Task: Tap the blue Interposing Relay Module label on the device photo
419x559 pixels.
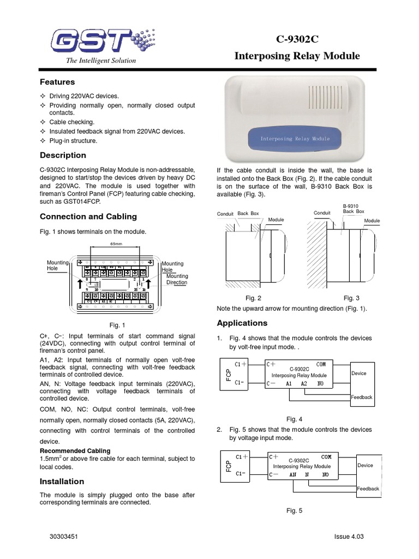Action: pos(295,139)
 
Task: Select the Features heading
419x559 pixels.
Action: pos(57,82)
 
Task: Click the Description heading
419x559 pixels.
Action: pos(63,155)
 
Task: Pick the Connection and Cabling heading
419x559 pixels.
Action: pos(88,216)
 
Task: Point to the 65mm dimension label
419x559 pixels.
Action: pos(116,243)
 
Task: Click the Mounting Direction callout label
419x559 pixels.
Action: pos(177,279)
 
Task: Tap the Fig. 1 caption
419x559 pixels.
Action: pos(117,325)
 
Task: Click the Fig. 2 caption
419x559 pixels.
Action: pos(253,298)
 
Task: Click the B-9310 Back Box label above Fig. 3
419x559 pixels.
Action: pos(353,208)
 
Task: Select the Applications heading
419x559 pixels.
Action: pos(242,323)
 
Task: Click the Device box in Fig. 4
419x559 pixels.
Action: pos(359,373)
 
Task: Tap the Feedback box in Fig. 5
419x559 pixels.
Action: pos(368,489)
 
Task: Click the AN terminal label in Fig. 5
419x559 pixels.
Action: pos(293,475)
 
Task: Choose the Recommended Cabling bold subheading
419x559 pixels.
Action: pos(75,451)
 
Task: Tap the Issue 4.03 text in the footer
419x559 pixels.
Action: pos(349,537)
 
